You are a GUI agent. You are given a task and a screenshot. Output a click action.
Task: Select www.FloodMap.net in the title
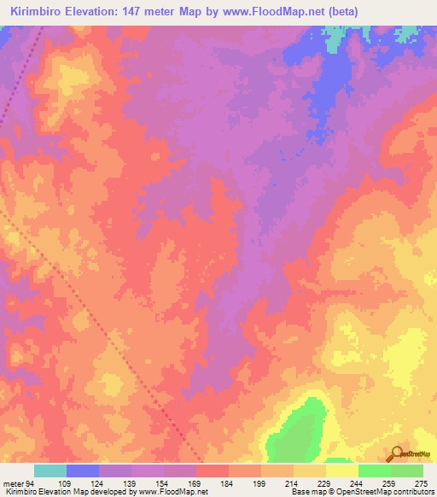click(265, 11)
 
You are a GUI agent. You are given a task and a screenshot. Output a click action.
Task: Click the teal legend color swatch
click(50, 471)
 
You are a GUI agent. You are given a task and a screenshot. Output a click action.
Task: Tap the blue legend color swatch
click(83, 471)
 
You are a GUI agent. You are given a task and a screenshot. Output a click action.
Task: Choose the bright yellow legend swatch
click(342, 471)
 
